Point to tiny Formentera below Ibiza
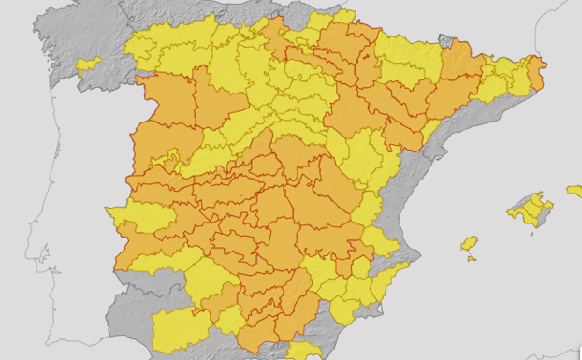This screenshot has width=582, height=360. pos(472,258)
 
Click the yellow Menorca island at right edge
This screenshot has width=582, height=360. pos(575,191)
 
